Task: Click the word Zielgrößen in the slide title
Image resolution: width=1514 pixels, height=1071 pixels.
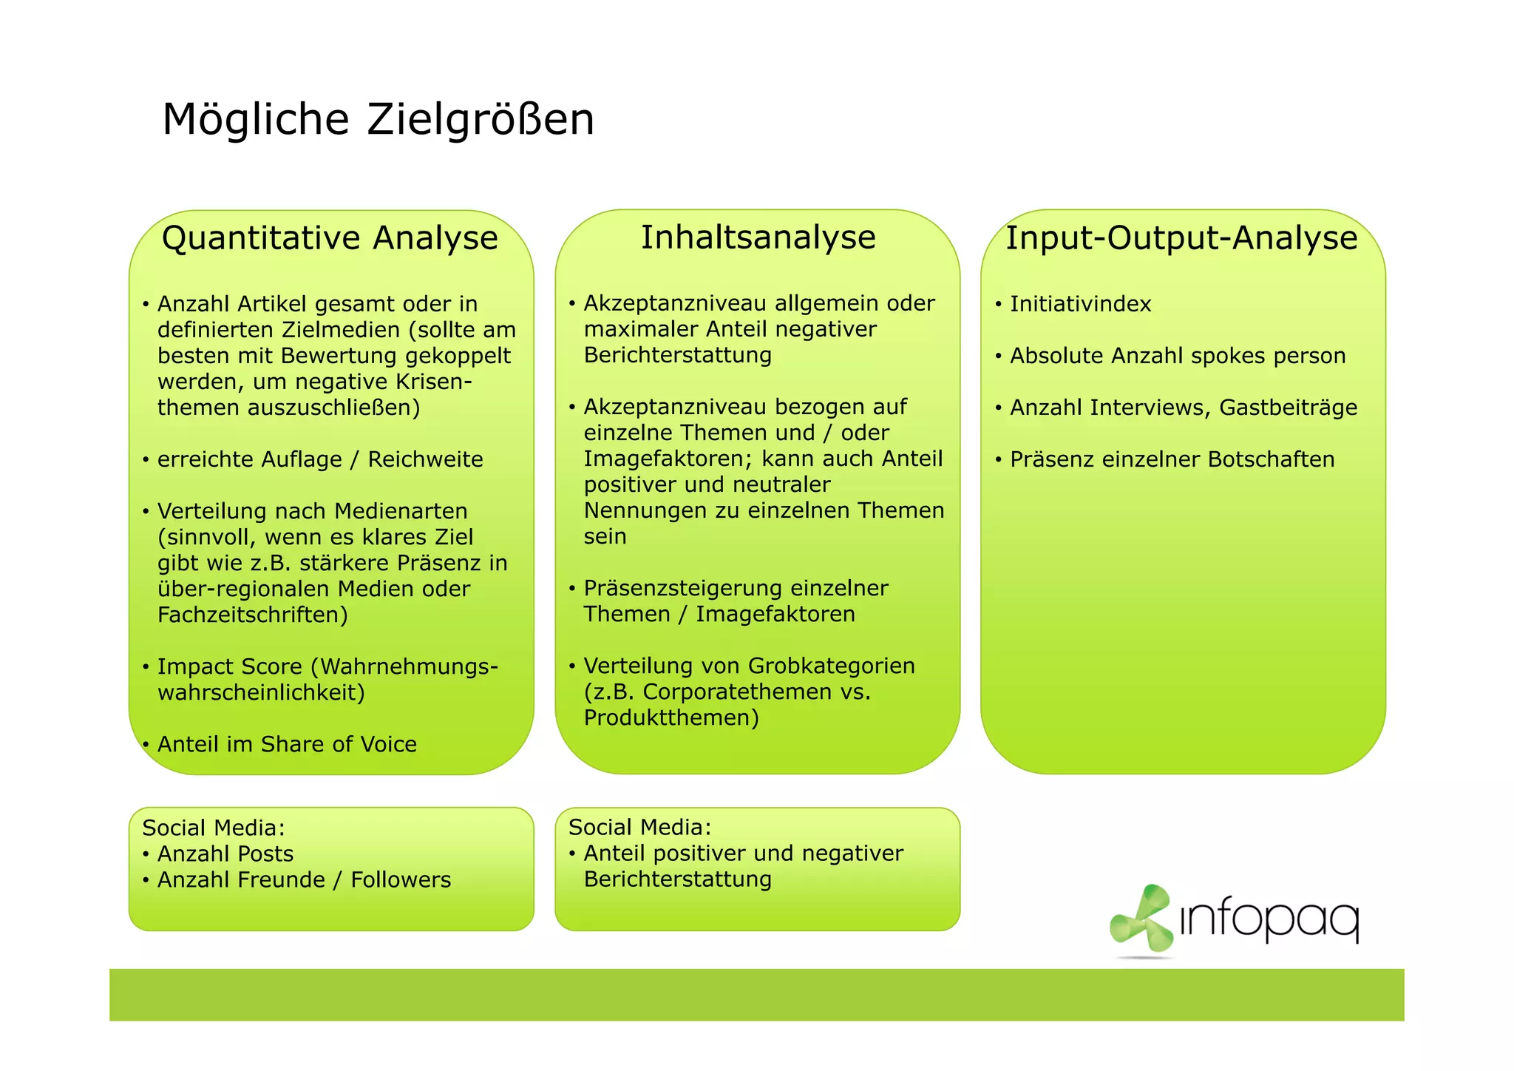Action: pos(481,119)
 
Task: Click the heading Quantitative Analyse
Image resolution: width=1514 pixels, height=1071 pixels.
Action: pos(330,238)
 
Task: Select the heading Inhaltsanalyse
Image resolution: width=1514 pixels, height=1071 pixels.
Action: pos(758,237)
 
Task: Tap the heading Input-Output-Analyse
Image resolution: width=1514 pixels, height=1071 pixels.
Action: pos(1181,238)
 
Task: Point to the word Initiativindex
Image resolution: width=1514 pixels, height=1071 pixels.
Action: pos(1080,304)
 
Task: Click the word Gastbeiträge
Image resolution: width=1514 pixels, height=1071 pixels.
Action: pos(1288,408)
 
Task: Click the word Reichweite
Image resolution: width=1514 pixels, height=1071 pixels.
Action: pos(425,459)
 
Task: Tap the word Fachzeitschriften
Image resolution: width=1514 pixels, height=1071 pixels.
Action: pos(252,615)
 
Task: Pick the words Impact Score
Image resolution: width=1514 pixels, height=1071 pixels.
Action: pos(230,666)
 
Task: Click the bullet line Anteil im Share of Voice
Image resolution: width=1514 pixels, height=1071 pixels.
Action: pos(287,744)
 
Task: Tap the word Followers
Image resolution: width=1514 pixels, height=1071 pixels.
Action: pos(401,879)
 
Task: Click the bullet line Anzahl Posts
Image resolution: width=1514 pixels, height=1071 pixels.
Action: pos(225,854)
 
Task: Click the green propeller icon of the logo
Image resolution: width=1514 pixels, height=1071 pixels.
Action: pos(1141,919)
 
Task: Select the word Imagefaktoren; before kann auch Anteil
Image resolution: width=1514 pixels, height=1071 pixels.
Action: pos(668,459)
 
